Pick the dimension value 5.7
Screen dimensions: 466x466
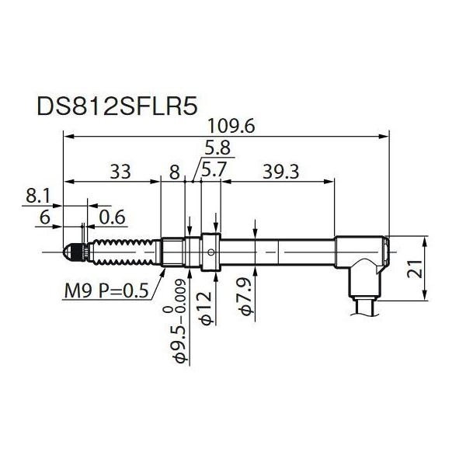[214, 169]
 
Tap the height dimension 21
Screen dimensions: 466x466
[440, 270]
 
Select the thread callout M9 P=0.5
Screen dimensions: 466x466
[106, 292]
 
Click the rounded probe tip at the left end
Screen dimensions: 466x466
[69, 252]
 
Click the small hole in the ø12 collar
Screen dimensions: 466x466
[212, 252]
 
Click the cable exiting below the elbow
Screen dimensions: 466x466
[364, 305]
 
